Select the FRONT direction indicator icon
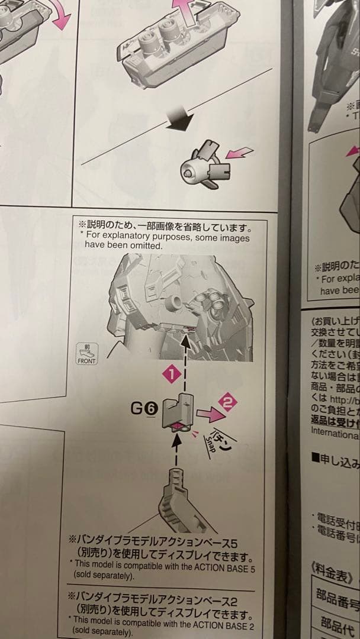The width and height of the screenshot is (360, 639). click(86, 354)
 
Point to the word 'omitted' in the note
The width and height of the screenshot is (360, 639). click(147, 246)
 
